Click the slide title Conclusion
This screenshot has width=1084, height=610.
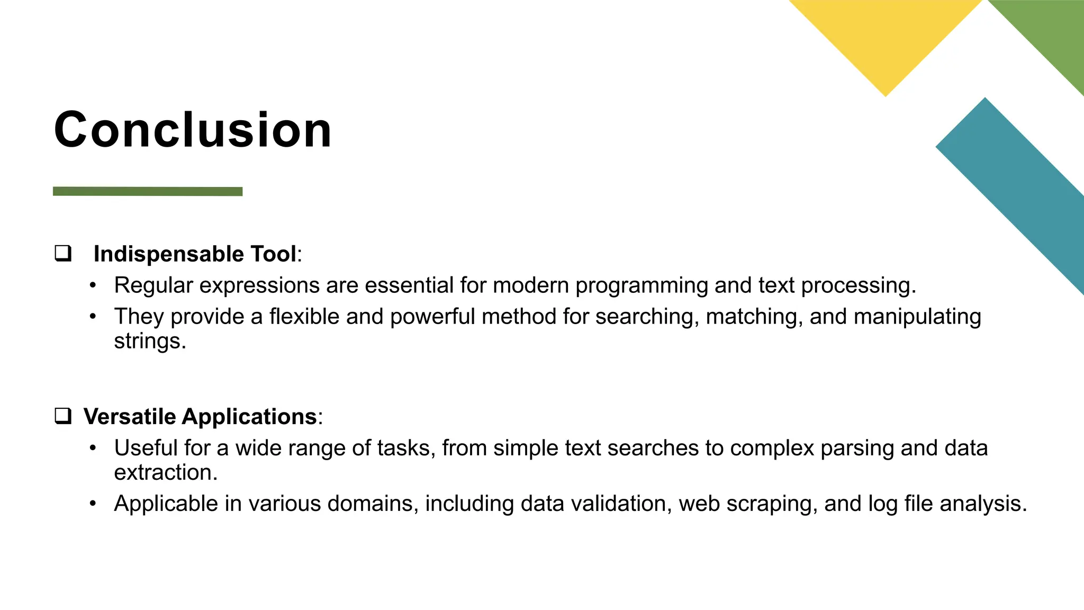(193, 130)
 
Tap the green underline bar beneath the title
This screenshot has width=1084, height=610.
(148, 192)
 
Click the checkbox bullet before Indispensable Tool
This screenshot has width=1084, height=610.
(63, 254)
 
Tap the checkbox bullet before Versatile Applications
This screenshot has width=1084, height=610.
(63, 416)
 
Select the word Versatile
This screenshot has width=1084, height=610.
(130, 417)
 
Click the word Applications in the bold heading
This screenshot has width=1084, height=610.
(249, 417)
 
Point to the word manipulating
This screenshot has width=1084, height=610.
(917, 317)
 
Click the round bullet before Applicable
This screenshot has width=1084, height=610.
(93, 504)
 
